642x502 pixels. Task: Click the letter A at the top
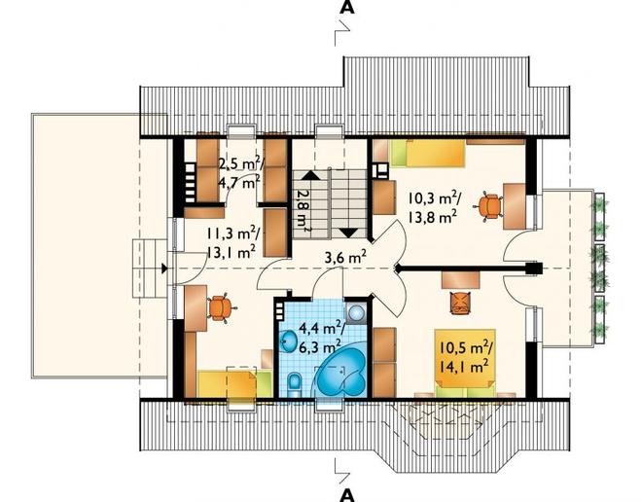[347, 8]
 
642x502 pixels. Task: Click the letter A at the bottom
[347, 495]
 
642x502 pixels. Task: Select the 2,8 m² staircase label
[303, 210]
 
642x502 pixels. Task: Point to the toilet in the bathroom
[294, 385]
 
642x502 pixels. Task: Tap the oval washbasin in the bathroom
[290, 341]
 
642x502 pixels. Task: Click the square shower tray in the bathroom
[357, 313]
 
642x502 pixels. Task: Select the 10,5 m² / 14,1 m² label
[464, 357]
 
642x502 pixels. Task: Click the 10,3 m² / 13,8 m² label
[433, 207]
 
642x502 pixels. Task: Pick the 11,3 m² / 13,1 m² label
[232, 242]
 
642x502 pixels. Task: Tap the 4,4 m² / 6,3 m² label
[321, 338]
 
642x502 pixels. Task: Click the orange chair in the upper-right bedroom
[489, 205]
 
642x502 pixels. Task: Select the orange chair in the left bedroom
[220, 308]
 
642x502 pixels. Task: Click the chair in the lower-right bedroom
[460, 303]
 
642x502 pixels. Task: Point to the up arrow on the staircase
[310, 175]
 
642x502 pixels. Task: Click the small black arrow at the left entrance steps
[164, 269]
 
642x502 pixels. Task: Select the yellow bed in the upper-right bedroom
[427, 153]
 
